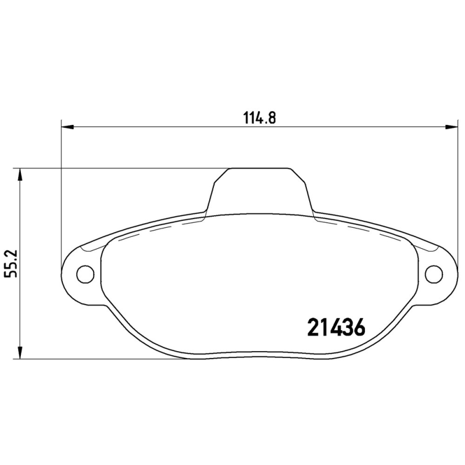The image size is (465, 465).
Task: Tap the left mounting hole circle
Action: (85, 273)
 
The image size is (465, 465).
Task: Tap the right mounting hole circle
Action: (433, 273)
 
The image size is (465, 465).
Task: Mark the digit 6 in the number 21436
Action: (358, 328)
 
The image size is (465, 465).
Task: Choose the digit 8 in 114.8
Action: (270, 117)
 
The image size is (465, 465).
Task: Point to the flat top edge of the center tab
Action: (259, 169)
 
